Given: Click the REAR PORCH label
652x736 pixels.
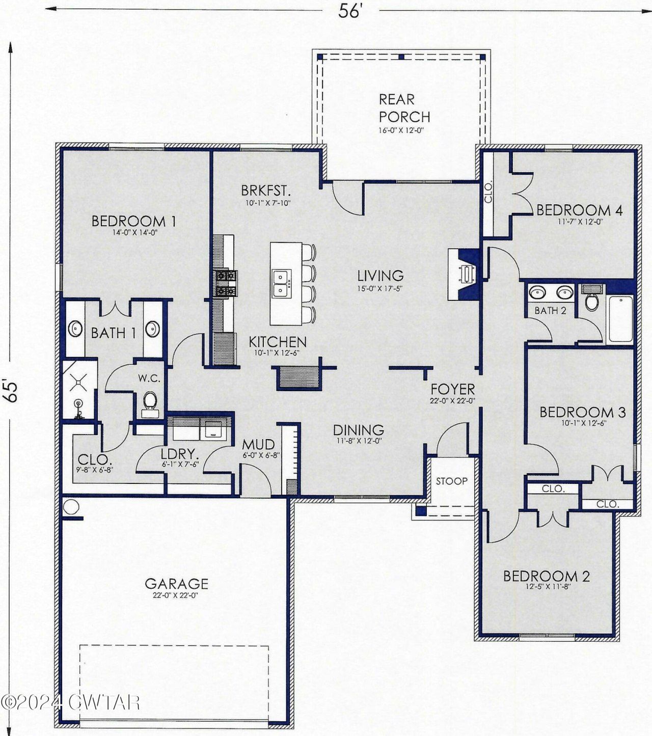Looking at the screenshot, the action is pyautogui.click(x=404, y=108).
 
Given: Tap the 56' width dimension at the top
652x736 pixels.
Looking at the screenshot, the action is pyautogui.click(x=350, y=11).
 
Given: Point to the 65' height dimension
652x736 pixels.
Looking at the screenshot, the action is pyautogui.click(x=12, y=391).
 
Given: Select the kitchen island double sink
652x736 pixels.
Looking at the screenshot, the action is pyautogui.click(x=281, y=283).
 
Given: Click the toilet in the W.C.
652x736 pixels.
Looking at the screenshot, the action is pyautogui.click(x=150, y=404).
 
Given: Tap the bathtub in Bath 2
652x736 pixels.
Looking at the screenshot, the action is pyautogui.click(x=621, y=319).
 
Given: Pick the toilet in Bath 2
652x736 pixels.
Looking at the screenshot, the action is pyautogui.click(x=592, y=298).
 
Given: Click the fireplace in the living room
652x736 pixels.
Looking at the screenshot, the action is pyautogui.click(x=465, y=274).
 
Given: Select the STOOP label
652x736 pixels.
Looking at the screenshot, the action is pyautogui.click(x=451, y=481).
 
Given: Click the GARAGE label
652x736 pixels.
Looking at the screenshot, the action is pyautogui.click(x=177, y=583).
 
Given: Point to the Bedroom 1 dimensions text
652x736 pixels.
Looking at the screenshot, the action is pyautogui.click(x=134, y=232).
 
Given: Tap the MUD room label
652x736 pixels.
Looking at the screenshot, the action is pyautogui.click(x=258, y=444).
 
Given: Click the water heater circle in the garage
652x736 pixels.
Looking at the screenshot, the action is pyautogui.click(x=71, y=506).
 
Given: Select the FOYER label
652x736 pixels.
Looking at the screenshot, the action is pyautogui.click(x=452, y=389).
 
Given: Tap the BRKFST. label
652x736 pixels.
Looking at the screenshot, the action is pyautogui.click(x=266, y=190).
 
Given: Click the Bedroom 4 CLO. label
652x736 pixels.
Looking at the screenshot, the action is pyautogui.click(x=488, y=193).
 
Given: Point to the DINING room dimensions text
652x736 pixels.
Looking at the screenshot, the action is pyautogui.click(x=359, y=442).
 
